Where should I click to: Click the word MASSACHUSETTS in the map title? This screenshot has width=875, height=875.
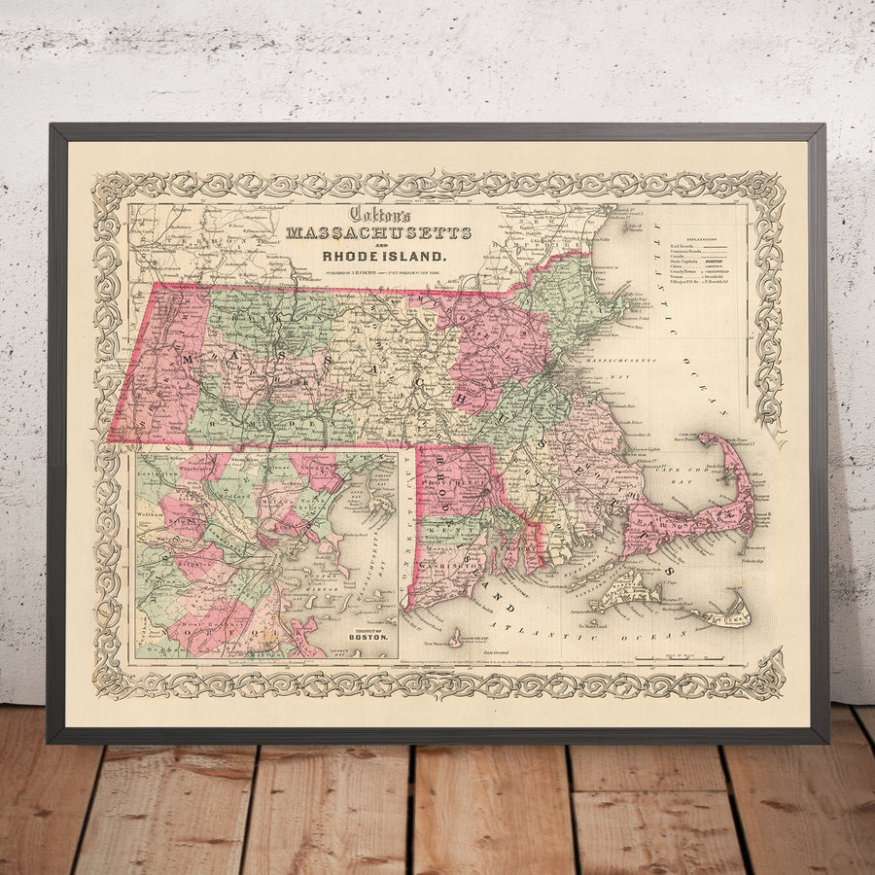[x=378, y=233]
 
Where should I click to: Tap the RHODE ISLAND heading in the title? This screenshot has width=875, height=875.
[x=386, y=258]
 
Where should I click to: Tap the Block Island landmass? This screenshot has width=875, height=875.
[x=455, y=638]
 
